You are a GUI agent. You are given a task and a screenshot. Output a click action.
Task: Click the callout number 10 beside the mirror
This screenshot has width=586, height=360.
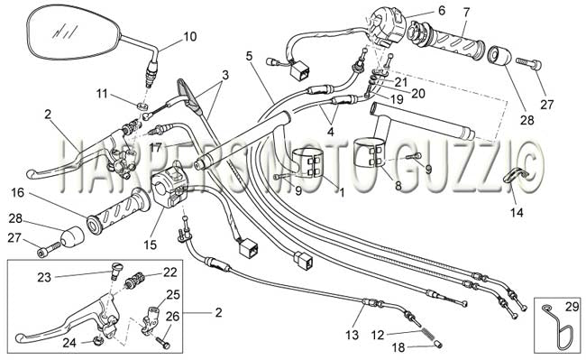pos(190,37)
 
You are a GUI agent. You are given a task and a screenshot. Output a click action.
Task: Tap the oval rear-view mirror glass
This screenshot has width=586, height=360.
pos(74,32)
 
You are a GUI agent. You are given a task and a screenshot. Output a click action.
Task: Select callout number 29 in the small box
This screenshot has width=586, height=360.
pos(572,307)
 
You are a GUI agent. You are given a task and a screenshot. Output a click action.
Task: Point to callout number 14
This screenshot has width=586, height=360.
pos(517,212)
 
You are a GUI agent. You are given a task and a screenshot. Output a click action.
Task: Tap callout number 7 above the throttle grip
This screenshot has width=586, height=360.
pos(466,13)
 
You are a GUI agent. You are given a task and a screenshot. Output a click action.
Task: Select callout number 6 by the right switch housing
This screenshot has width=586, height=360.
pos(442,11)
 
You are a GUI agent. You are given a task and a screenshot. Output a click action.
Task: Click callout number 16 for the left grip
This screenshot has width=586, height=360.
pos(17,193)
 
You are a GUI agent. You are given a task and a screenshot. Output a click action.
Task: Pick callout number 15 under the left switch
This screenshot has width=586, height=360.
pos(151,245)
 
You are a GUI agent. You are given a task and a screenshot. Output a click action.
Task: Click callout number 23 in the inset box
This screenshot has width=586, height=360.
pos(44,277)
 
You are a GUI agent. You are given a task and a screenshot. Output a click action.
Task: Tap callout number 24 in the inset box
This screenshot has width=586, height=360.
pos(69,343)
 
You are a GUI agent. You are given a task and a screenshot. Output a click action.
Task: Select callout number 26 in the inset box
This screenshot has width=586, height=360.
pos(172,317)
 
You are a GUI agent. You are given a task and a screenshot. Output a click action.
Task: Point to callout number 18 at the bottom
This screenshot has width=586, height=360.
pos(398,347)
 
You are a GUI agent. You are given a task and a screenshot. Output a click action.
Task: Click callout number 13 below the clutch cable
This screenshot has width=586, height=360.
pos(352,335)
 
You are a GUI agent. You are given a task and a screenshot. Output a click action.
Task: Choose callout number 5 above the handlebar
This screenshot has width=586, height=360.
pos(249,56)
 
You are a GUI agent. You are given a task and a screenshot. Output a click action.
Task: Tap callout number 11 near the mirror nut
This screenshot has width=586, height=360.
pos(102,94)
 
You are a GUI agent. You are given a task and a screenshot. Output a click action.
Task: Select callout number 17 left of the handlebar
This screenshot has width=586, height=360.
pos(156,147)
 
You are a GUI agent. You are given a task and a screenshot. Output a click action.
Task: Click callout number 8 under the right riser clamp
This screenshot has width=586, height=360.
pos(398,186)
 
